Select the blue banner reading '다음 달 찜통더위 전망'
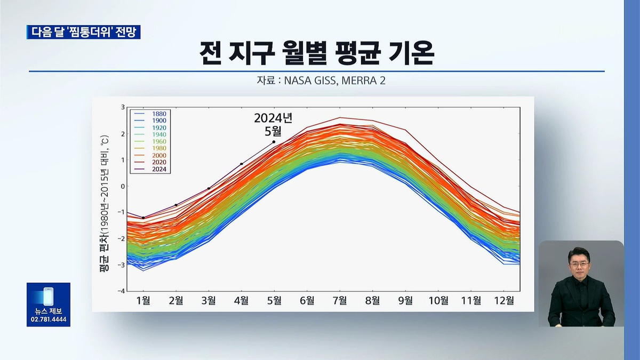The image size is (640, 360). (x=83, y=31)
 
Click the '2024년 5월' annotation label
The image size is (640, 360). (x=274, y=123)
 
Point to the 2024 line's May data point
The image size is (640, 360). (x=274, y=142)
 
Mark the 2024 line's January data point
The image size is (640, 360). (x=143, y=218)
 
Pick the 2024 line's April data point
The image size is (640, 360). (x=242, y=164)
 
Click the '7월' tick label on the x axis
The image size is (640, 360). (x=340, y=300)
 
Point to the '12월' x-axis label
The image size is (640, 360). (x=504, y=300)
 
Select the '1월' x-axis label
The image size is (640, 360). (x=143, y=300)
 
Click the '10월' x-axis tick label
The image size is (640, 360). (x=438, y=300)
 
